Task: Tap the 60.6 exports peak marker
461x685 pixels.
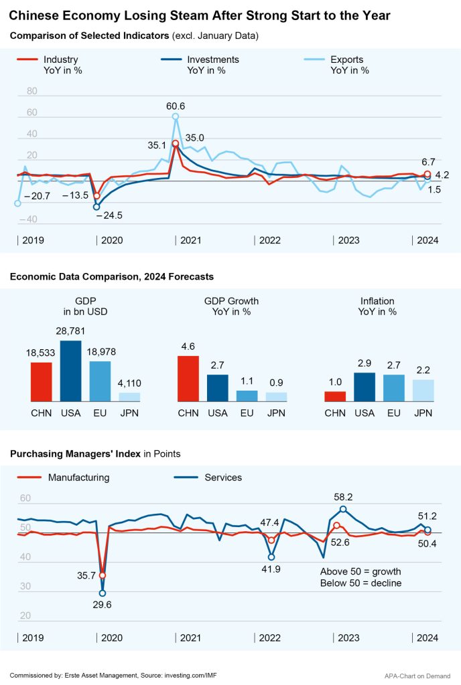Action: [176, 116]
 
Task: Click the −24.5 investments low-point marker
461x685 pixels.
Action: [96, 207]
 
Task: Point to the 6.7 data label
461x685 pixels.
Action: [429, 162]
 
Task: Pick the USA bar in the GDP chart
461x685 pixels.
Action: [70, 371]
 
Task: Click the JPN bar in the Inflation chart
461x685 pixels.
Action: [423, 390]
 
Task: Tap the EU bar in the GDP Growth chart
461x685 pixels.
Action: [247, 395]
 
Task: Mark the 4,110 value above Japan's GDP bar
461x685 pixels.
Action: [129, 384]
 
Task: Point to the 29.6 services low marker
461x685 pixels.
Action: [103, 593]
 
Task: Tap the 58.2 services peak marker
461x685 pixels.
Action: [343, 509]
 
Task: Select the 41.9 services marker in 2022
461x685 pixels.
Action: [271, 557]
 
